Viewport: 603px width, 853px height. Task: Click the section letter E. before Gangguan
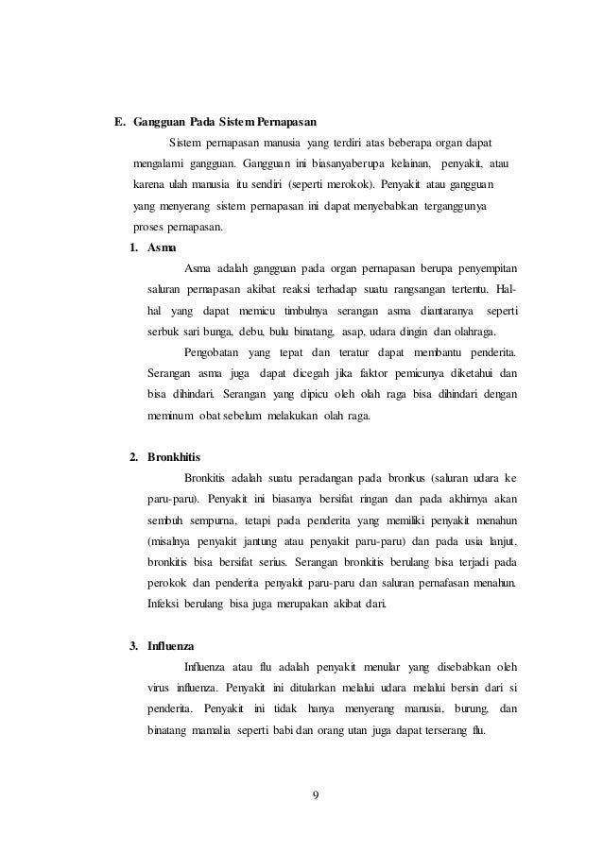[120, 122]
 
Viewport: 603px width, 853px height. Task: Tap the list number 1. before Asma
[134, 247]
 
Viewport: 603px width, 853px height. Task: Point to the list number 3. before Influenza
[134, 646]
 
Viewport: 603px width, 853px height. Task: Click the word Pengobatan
[212, 353]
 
